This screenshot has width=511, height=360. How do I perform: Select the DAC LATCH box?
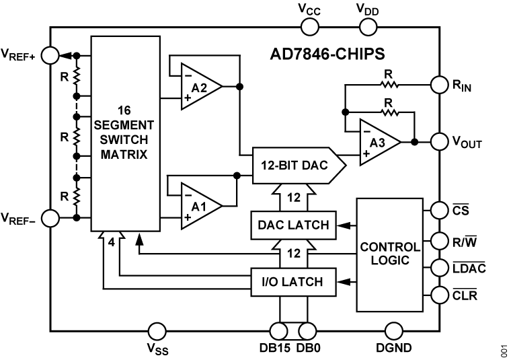coord(294,224)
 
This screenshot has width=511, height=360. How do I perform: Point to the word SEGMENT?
coord(124,124)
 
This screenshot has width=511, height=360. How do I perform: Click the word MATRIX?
coord(124,154)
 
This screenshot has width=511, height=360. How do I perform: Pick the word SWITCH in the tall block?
coord(124,139)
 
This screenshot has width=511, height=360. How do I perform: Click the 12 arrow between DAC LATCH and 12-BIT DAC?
coord(294,197)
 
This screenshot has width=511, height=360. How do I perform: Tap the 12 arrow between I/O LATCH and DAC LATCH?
coord(294,254)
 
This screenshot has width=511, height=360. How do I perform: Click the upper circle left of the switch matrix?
coord(50,56)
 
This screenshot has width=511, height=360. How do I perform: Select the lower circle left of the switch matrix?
coord(50,219)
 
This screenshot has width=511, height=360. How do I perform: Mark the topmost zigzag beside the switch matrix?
coord(78,75)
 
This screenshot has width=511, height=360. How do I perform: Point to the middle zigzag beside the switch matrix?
coord(78,137)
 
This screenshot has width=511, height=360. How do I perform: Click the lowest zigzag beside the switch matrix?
coord(78,197)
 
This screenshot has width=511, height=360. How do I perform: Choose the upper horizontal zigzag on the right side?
coord(389,85)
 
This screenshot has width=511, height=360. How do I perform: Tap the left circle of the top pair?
coord(310,28)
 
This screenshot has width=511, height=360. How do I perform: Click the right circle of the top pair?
coord(368,28)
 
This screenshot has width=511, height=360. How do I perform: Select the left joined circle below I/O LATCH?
coord(279,331)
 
